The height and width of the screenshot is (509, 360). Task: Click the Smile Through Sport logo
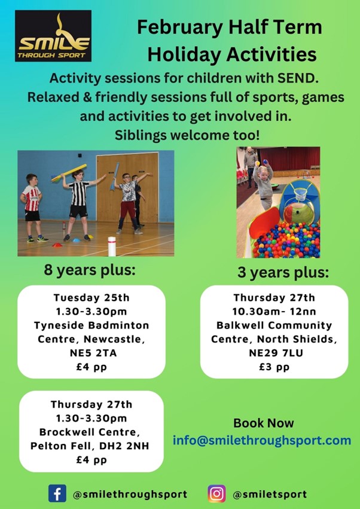[x=53, y=36]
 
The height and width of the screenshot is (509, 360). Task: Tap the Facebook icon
[x=57, y=493]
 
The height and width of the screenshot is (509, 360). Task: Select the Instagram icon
[x=216, y=493]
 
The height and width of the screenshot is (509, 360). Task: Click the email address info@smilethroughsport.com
[x=262, y=440]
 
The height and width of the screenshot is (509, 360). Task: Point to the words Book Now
[x=263, y=423]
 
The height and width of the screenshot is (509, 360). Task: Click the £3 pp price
[x=274, y=367]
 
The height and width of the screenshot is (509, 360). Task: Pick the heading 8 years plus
[x=90, y=270]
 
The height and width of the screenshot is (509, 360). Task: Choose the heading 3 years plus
[x=283, y=273]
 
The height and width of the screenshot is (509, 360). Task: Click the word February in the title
[x=180, y=28]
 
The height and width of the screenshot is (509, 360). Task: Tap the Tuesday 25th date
[x=91, y=297]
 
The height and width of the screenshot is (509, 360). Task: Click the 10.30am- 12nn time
[x=274, y=311]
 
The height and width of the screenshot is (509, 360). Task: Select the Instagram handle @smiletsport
[x=270, y=494]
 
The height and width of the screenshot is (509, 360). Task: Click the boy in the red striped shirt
[x=32, y=208]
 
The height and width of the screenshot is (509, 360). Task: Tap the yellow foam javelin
[x=69, y=172]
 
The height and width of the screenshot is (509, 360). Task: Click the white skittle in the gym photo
[x=112, y=246]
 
